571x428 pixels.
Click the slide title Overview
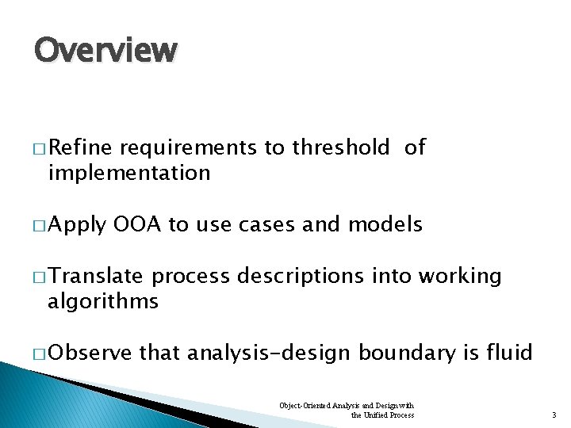[105, 51]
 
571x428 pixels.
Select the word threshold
[341, 147]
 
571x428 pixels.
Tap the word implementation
[128, 172]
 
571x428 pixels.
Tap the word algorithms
[103, 301]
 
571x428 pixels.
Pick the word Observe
[90, 352]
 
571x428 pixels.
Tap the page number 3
[554, 415]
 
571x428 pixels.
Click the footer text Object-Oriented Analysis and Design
[347, 406]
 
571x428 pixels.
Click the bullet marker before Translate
[40, 277]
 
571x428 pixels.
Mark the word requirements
[189, 148]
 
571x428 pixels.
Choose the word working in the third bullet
[459, 276]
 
